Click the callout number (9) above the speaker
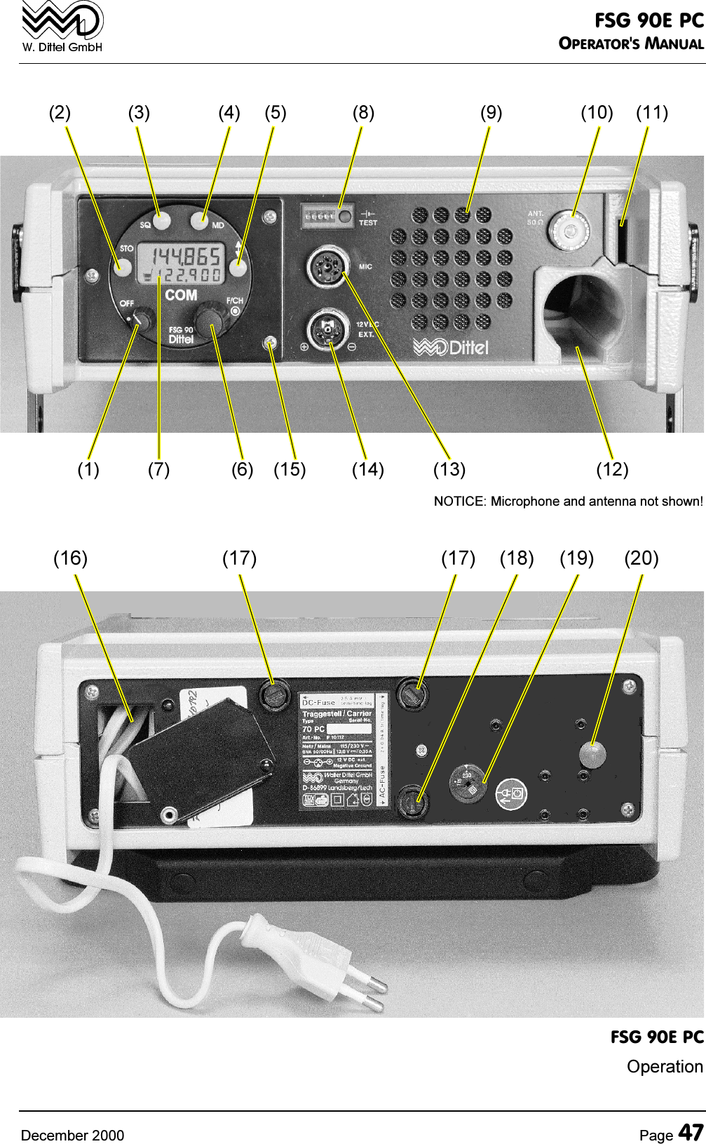tap(491, 112)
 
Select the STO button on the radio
tap(123, 266)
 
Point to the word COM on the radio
tap(181, 295)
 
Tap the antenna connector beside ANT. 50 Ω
tap(569, 229)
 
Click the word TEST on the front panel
tap(368, 223)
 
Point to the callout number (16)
tap(71, 558)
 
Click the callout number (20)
tap(641, 558)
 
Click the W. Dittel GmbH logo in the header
tap(62, 27)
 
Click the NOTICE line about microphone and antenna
tap(568, 502)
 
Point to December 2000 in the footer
tap(72, 1135)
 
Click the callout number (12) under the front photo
tap(612, 469)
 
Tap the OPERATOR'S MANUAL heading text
tap(630, 43)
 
